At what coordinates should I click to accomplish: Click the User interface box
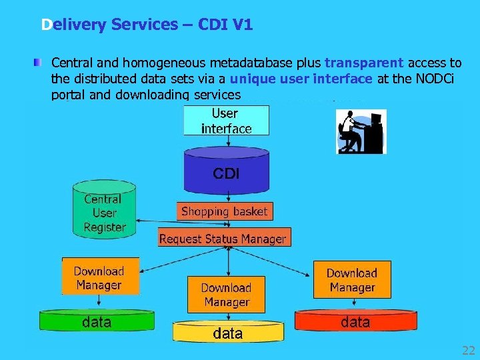coord(226,121)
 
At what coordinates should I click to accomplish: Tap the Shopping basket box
coord(224,211)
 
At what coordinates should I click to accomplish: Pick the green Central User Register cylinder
coord(105,209)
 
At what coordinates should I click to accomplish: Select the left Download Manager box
coord(99,277)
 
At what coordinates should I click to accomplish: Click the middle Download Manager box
coord(226,295)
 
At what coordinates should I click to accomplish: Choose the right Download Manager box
coord(351,280)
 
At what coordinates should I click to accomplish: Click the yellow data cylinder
coord(227,332)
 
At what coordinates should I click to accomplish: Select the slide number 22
coord(468,351)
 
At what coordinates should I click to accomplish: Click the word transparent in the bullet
coord(363,63)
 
